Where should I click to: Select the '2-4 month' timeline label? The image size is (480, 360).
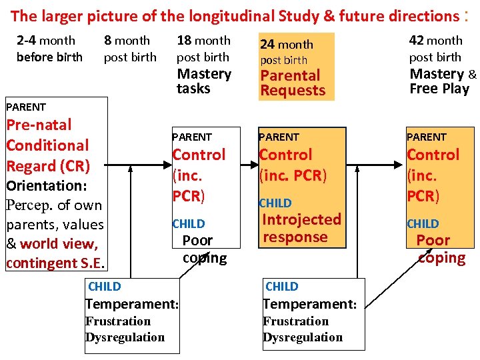coord(46,41)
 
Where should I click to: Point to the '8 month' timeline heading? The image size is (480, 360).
coord(127,41)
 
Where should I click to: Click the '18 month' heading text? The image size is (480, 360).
coord(203,41)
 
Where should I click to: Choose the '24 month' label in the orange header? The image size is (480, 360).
coord(287,44)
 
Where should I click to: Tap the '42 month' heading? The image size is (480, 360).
coord(435,41)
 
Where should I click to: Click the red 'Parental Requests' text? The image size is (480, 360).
coord(292,83)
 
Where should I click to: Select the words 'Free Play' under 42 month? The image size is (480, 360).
coord(439,89)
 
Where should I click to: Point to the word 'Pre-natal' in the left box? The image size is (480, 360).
coord(39,125)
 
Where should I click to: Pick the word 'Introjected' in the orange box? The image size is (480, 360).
coord(301,219)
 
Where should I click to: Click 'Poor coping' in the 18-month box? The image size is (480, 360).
coord(203,249)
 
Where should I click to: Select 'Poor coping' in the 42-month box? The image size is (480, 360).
coord(440,249)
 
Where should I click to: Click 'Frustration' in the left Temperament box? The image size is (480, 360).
coord(118,321)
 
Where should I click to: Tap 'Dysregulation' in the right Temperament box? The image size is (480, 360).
coord(303,337)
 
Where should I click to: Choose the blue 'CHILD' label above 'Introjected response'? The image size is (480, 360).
coord(275,203)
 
